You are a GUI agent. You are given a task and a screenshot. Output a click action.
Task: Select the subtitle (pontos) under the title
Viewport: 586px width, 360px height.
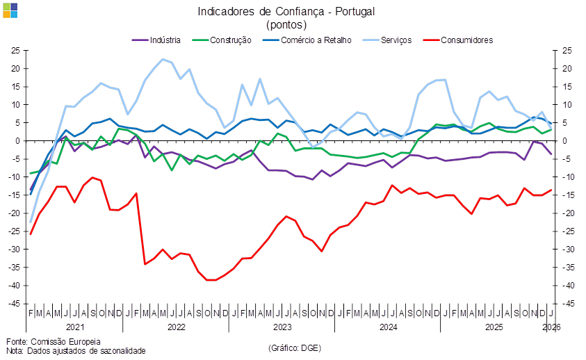[287, 24]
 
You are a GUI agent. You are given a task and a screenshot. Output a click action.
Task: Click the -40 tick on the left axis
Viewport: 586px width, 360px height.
[14, 286]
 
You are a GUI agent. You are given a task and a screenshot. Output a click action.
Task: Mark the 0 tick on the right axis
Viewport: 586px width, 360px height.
[566, 141]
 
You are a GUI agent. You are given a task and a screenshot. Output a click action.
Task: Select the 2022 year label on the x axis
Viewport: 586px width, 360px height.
[177, 326]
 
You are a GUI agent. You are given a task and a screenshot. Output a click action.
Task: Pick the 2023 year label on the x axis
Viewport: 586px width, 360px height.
[282, 326]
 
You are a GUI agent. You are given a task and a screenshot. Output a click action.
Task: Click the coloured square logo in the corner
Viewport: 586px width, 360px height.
[10, 10]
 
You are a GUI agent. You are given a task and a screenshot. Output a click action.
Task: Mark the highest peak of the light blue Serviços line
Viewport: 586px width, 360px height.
[163, 59]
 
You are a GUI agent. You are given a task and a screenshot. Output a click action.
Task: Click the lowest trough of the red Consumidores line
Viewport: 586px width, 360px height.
[211, 280]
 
